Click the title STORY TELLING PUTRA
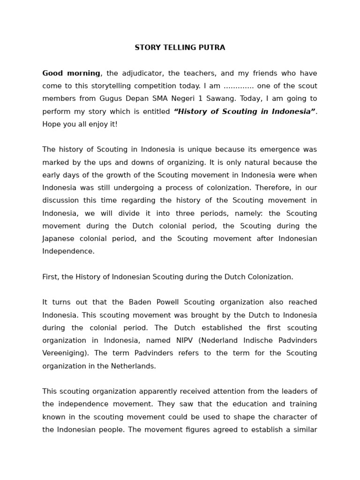pyautogui.click(x=180, y=48)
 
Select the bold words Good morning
pyautogui.click(x=71, y=73)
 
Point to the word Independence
pyautogui.click(x=67, y=251)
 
